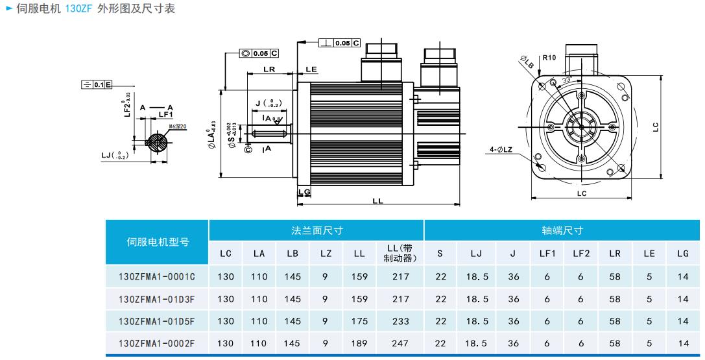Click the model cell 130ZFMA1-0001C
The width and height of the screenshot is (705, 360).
[157, 277]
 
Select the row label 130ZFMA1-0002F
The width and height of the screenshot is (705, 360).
[157, 343]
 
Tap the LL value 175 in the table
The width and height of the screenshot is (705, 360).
[359, 321]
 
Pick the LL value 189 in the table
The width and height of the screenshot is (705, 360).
[359, 343]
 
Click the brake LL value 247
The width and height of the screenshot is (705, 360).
[401, 343]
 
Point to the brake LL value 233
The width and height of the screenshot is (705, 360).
[401, 321]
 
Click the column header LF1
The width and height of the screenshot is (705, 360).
[547, 254]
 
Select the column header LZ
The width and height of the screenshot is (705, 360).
[326, 254]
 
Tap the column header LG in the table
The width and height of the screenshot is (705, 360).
[682, 254]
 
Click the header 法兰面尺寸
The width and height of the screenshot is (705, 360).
[317, 230]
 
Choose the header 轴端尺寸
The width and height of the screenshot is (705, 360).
[562, 230]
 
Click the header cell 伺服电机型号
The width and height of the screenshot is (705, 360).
[157, 242]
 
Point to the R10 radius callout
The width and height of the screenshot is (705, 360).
[549, 58]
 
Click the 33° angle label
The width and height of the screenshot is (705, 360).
[566, 79]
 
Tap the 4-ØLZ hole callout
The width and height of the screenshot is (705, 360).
[501, 149]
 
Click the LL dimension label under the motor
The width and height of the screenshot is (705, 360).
[377, 201]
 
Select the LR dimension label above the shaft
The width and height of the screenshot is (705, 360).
[269, 69]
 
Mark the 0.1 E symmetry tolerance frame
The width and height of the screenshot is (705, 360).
[97, 85]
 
